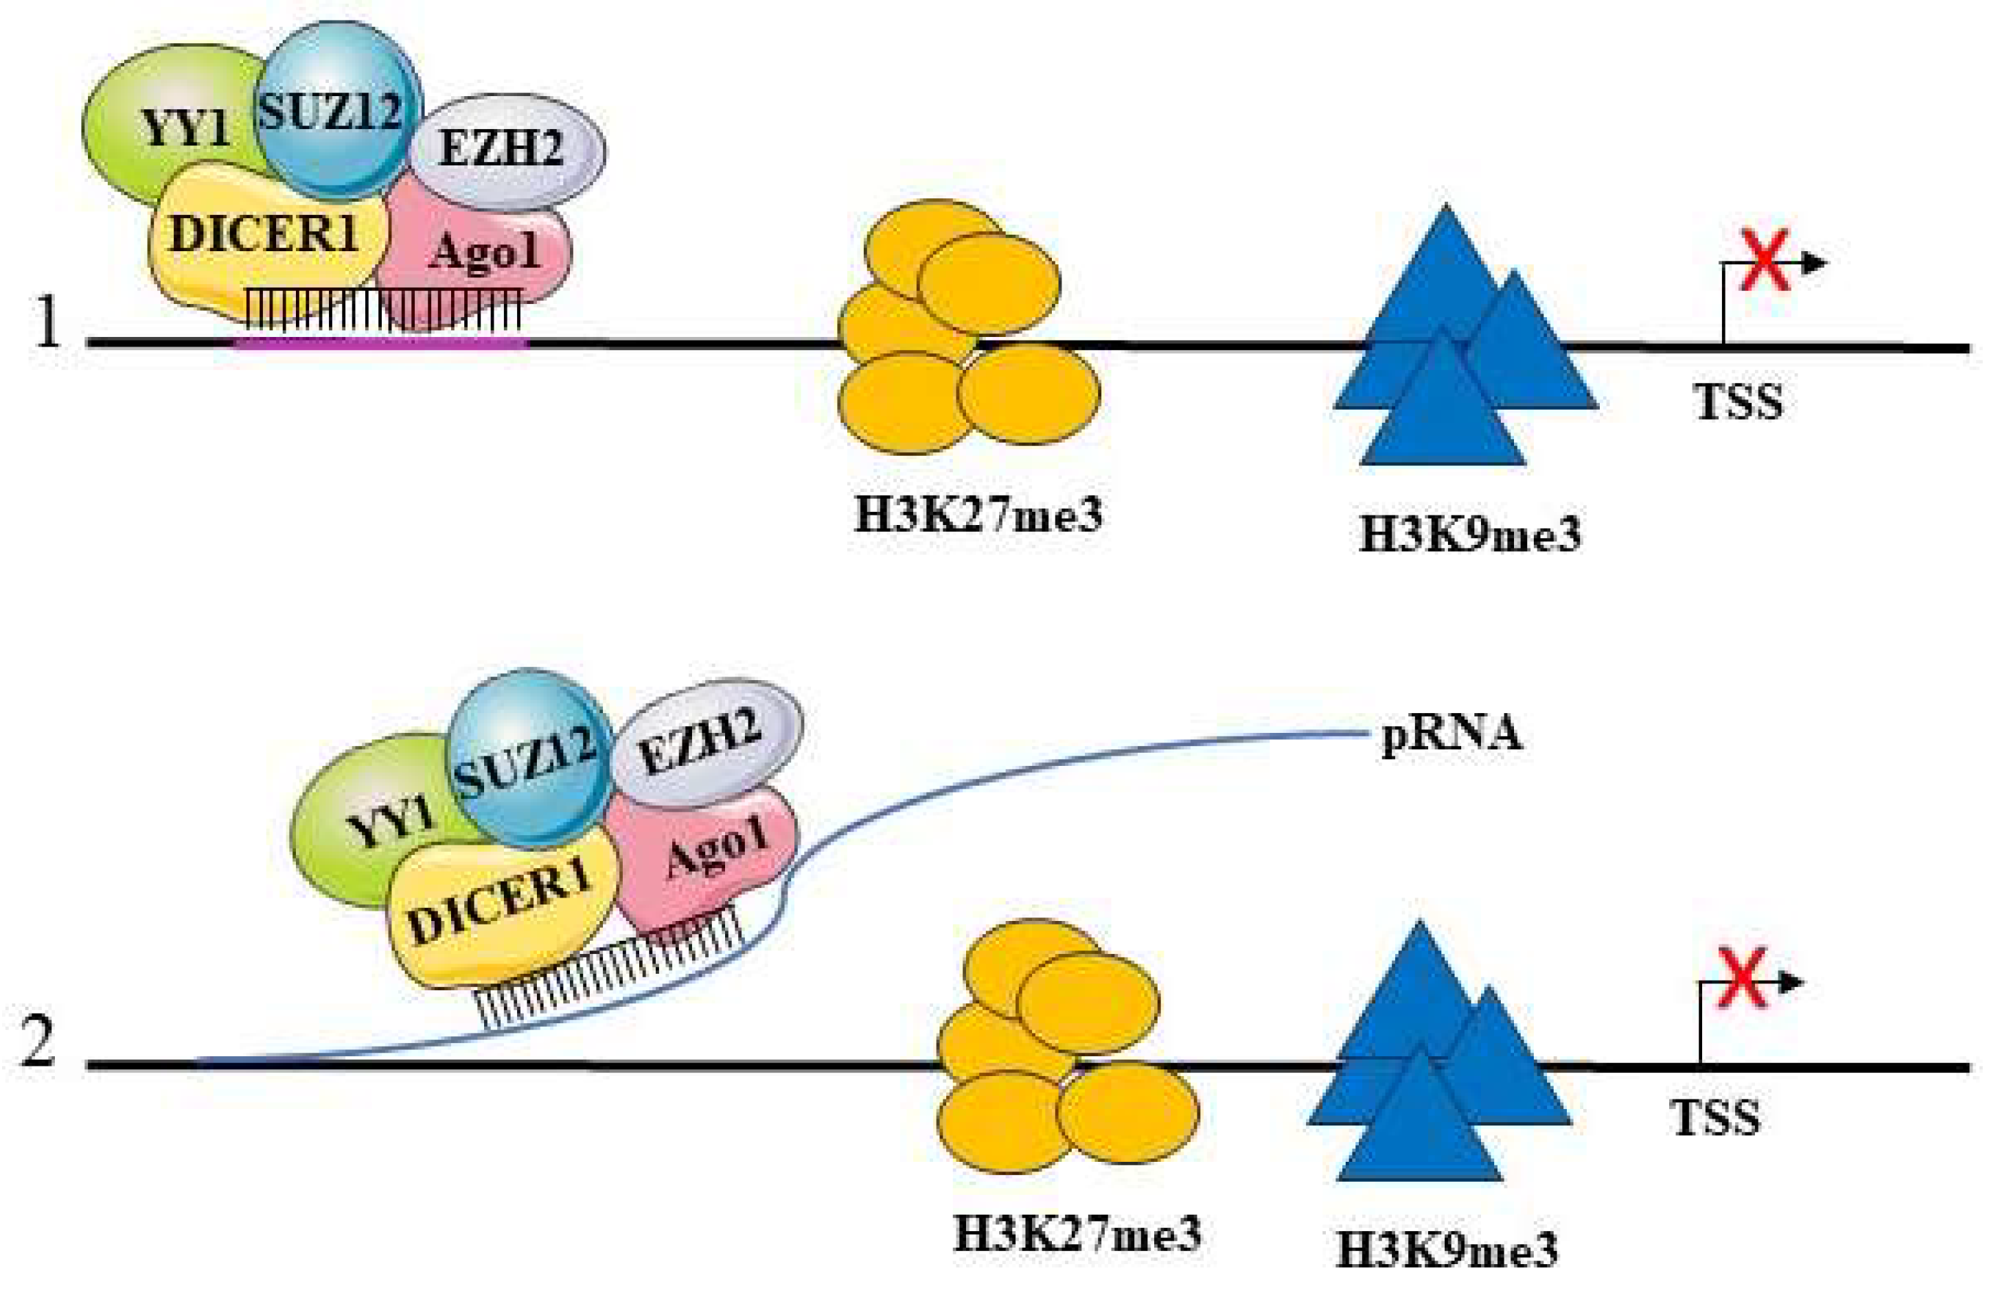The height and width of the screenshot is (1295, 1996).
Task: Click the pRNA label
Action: tap(1451, 734)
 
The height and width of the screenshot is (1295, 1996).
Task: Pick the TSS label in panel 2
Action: tap(1716, 1117)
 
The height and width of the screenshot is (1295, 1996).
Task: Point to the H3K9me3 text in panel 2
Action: tap(1447, 1250)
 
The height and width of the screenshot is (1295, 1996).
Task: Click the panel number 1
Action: tap(48, 323)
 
